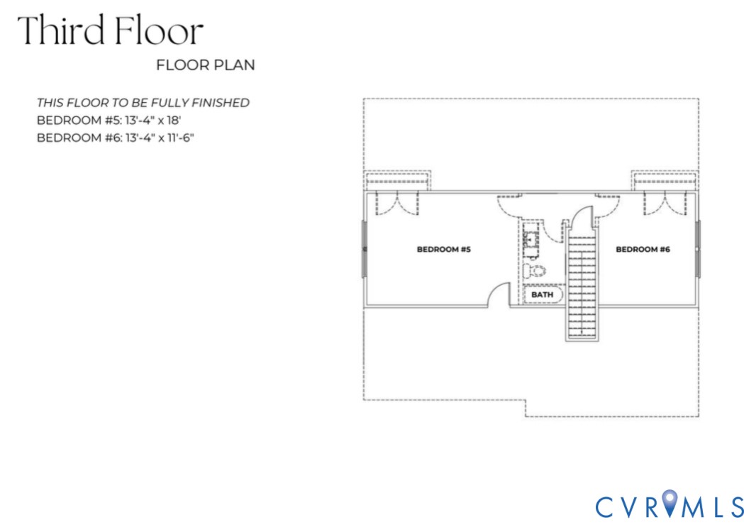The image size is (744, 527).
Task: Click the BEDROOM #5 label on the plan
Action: (444, 250)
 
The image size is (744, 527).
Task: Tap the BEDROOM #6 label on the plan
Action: (643, 250)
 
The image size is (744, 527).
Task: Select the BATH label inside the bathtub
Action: (542, 294)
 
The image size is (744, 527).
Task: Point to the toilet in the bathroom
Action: (535, 270)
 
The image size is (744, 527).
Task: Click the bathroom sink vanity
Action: (530, 238)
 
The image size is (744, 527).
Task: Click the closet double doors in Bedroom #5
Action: (396, 203)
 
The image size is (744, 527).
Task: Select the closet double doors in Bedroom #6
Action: (665, 203)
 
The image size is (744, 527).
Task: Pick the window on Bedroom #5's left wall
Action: (365, 249)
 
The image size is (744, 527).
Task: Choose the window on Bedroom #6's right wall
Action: (698, 249)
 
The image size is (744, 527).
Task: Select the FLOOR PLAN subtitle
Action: (205, 65)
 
